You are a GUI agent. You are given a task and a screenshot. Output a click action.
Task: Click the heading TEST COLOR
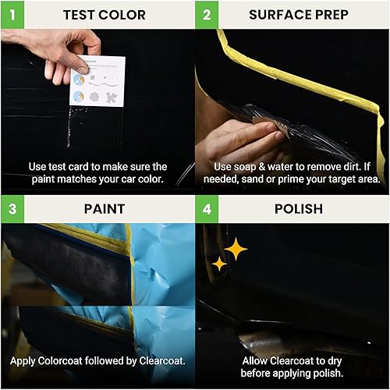pos(104,15)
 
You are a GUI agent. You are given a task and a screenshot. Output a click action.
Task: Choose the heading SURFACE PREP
pos(298,15)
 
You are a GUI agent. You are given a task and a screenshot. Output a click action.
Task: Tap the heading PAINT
pos(104,209)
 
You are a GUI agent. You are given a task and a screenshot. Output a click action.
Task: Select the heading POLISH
pos(298,209)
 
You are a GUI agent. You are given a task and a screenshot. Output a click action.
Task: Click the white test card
pos(97,81)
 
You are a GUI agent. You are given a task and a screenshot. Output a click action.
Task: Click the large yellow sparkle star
pos(235,250)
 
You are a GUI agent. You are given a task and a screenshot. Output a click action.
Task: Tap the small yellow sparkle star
pos(219,264)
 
